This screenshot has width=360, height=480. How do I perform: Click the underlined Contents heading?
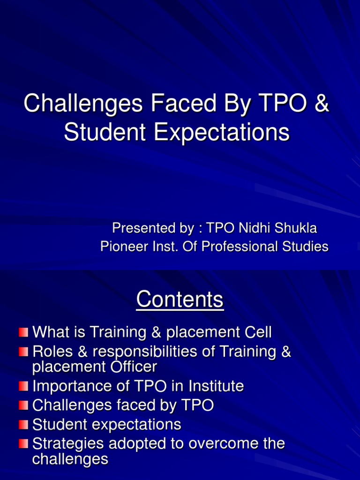click(x=180, y=299)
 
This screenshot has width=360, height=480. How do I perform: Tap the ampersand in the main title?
click(x=321, y=103)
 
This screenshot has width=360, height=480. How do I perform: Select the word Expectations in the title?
click(x=221, y=133)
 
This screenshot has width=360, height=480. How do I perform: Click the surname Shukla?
click(x=295, y=228)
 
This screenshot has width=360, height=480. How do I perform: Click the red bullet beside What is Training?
click(x=23, y=332)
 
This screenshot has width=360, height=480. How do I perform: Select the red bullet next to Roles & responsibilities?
click(x=23, y=352)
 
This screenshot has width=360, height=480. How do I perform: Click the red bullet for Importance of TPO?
click(x=23, y=386)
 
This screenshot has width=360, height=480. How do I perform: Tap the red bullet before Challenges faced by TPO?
click(x=23, y=405)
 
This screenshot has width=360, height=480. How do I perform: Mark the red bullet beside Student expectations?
click(x=23, y=425)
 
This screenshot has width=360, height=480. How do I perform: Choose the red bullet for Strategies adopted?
click(x=23, y=443)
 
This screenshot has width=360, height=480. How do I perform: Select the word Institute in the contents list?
click(x=216, y=386)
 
